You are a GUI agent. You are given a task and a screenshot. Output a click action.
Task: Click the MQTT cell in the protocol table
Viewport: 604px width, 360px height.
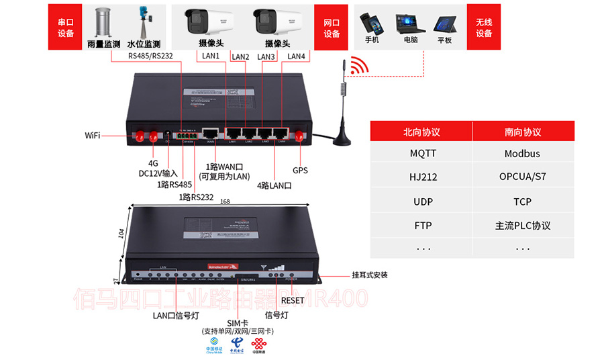click(423, 153)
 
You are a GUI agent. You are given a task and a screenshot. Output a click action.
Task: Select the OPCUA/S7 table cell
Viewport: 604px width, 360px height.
click(523, 177)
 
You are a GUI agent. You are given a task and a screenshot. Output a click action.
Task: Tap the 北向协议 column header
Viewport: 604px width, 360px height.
click(422, 132)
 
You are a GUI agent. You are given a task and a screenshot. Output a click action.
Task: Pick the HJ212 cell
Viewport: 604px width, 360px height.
click(423, 177)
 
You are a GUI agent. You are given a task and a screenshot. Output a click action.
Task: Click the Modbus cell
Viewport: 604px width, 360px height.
click(523, 153)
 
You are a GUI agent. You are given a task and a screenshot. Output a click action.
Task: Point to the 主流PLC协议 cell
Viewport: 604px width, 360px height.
click(523, 226)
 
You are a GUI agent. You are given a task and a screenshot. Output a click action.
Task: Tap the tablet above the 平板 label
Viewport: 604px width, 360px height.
click(444, 24)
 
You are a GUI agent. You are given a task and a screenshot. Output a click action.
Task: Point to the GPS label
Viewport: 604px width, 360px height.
click(300, 171)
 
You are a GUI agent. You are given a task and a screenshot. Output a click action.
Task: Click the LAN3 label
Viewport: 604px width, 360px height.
click(266, 57)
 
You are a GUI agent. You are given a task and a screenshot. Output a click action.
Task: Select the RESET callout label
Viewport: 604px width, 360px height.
click(293, 300)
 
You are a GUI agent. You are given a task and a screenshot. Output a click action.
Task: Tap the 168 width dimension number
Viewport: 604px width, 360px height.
click(225, 201)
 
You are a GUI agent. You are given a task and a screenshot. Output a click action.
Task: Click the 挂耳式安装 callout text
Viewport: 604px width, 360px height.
click(370, 275)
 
